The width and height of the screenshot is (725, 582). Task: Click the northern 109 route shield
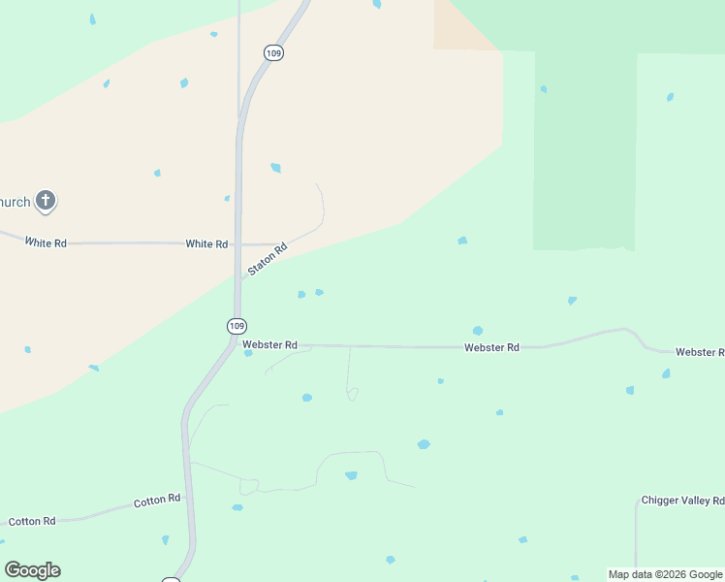(x=274, y=52)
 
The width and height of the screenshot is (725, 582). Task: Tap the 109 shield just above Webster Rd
(x=237, y=325)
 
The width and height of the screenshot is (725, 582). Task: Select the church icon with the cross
(x=45, y=201)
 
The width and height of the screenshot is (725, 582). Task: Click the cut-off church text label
(x=15, y=202)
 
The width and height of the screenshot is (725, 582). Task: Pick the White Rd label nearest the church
(x=46, y=242)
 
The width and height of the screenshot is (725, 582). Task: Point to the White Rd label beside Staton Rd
(x=206, y=244)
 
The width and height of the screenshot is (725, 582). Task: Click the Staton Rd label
(x=268, y=259)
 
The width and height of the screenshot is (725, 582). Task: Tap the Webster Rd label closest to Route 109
(x=269, y=344)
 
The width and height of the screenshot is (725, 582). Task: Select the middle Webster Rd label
(x=491, y=347)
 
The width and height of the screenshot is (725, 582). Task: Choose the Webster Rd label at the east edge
(x=700, y=352)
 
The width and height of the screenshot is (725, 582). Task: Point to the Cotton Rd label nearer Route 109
(x=157, y=501)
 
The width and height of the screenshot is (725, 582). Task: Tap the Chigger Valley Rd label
(x=682, y=501)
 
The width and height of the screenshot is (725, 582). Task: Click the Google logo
(x=32, y=570)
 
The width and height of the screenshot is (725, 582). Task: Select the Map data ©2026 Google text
(x=665, y=574)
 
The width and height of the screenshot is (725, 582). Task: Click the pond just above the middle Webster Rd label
(x=477, y=331)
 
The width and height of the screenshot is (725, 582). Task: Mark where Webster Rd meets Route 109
(x=235, y=344)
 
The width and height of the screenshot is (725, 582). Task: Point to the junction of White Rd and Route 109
(x=237, y=244)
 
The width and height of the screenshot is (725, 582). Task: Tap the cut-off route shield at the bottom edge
(x=171, y=579)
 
